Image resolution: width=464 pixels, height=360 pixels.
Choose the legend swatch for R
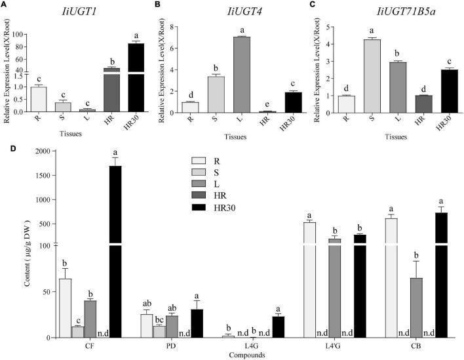coord(201,160)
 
